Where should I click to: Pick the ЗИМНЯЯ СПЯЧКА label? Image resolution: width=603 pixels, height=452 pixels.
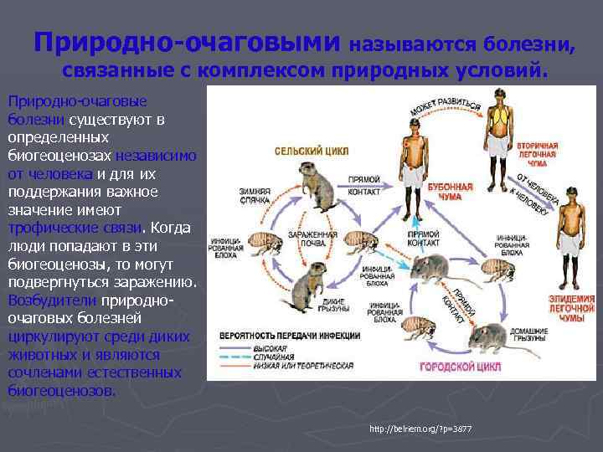(253, 195)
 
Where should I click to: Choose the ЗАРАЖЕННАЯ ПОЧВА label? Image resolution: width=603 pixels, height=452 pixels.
(312, 239)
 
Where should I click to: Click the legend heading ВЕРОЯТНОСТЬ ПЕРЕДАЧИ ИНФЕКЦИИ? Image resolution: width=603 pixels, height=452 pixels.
(290, 336)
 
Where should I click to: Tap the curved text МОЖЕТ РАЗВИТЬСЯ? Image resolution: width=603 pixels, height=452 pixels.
(444, 107)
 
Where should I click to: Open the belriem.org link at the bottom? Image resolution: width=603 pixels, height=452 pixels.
(420, 429)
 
